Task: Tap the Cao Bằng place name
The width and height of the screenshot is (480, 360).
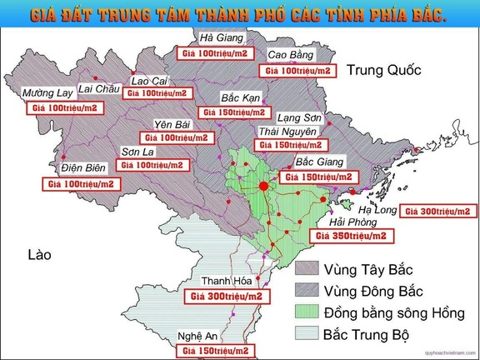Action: [291, 55]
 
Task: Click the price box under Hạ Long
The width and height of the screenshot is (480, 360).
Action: [439, 212]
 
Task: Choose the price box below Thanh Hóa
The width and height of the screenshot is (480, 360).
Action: [227, 296]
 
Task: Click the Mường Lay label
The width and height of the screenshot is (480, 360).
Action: [47, 92]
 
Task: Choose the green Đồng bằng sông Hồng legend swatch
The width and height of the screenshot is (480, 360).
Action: [309, 312]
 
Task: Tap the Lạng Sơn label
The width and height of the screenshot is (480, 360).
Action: [299, 117]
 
